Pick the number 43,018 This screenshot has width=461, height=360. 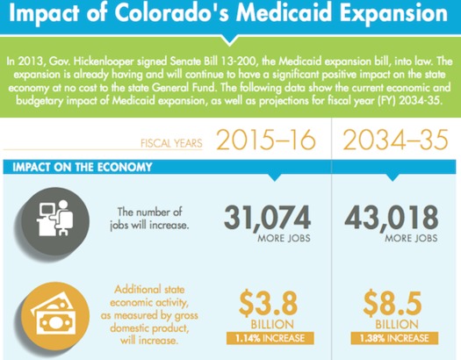coord(389,220)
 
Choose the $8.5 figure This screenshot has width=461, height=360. coord(389,303)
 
